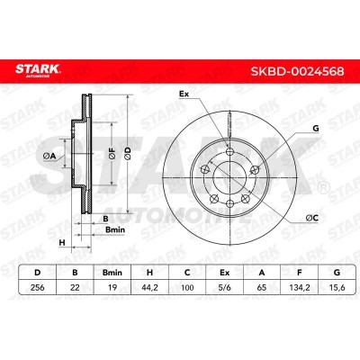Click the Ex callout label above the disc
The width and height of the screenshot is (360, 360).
coord(184,94)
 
